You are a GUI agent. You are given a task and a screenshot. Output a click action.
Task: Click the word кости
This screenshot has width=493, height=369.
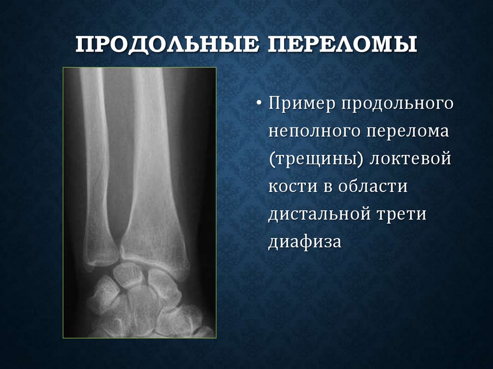click(x=289, y=186)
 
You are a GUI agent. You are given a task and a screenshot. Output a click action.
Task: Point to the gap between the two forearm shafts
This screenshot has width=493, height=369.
click(x=118, y=159)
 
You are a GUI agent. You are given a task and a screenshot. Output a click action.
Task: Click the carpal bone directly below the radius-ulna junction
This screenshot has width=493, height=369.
click(x=127, y=275)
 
